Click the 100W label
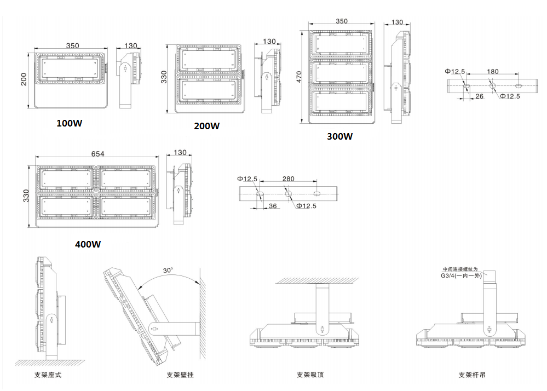coord(70,123)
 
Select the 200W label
coord(207,126)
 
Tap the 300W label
coord(340,136)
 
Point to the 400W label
coord(88,244)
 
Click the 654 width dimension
coord(97,154)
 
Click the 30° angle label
coord(168,271)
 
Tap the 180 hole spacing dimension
coord(493,72)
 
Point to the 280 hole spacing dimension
coord(288,179)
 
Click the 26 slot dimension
coord(480,97)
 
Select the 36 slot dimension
coord(273,206)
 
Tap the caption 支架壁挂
coord(180,375)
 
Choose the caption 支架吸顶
coord(310,375)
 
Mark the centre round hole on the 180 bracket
coord(492,86)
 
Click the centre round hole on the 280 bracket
coord(287,193)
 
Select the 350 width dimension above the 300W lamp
coord(341,22)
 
